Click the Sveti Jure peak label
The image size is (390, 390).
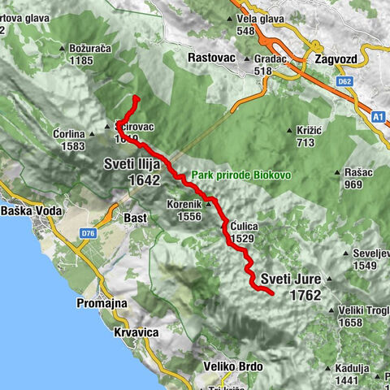click(x=292, y=279)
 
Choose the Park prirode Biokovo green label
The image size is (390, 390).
click(x=232, y=175)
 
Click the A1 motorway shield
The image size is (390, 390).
click(x=379, y=117)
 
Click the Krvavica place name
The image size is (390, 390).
click(x=136, y=333)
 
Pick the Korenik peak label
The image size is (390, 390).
click(x=184, y=204)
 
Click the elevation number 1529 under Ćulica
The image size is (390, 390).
click(x=241, y=239)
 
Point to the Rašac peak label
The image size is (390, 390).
click(x=355, y=172)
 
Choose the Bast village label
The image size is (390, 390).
click(x=134, y=218)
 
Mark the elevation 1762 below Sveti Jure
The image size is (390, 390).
click(x=305, y=295)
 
